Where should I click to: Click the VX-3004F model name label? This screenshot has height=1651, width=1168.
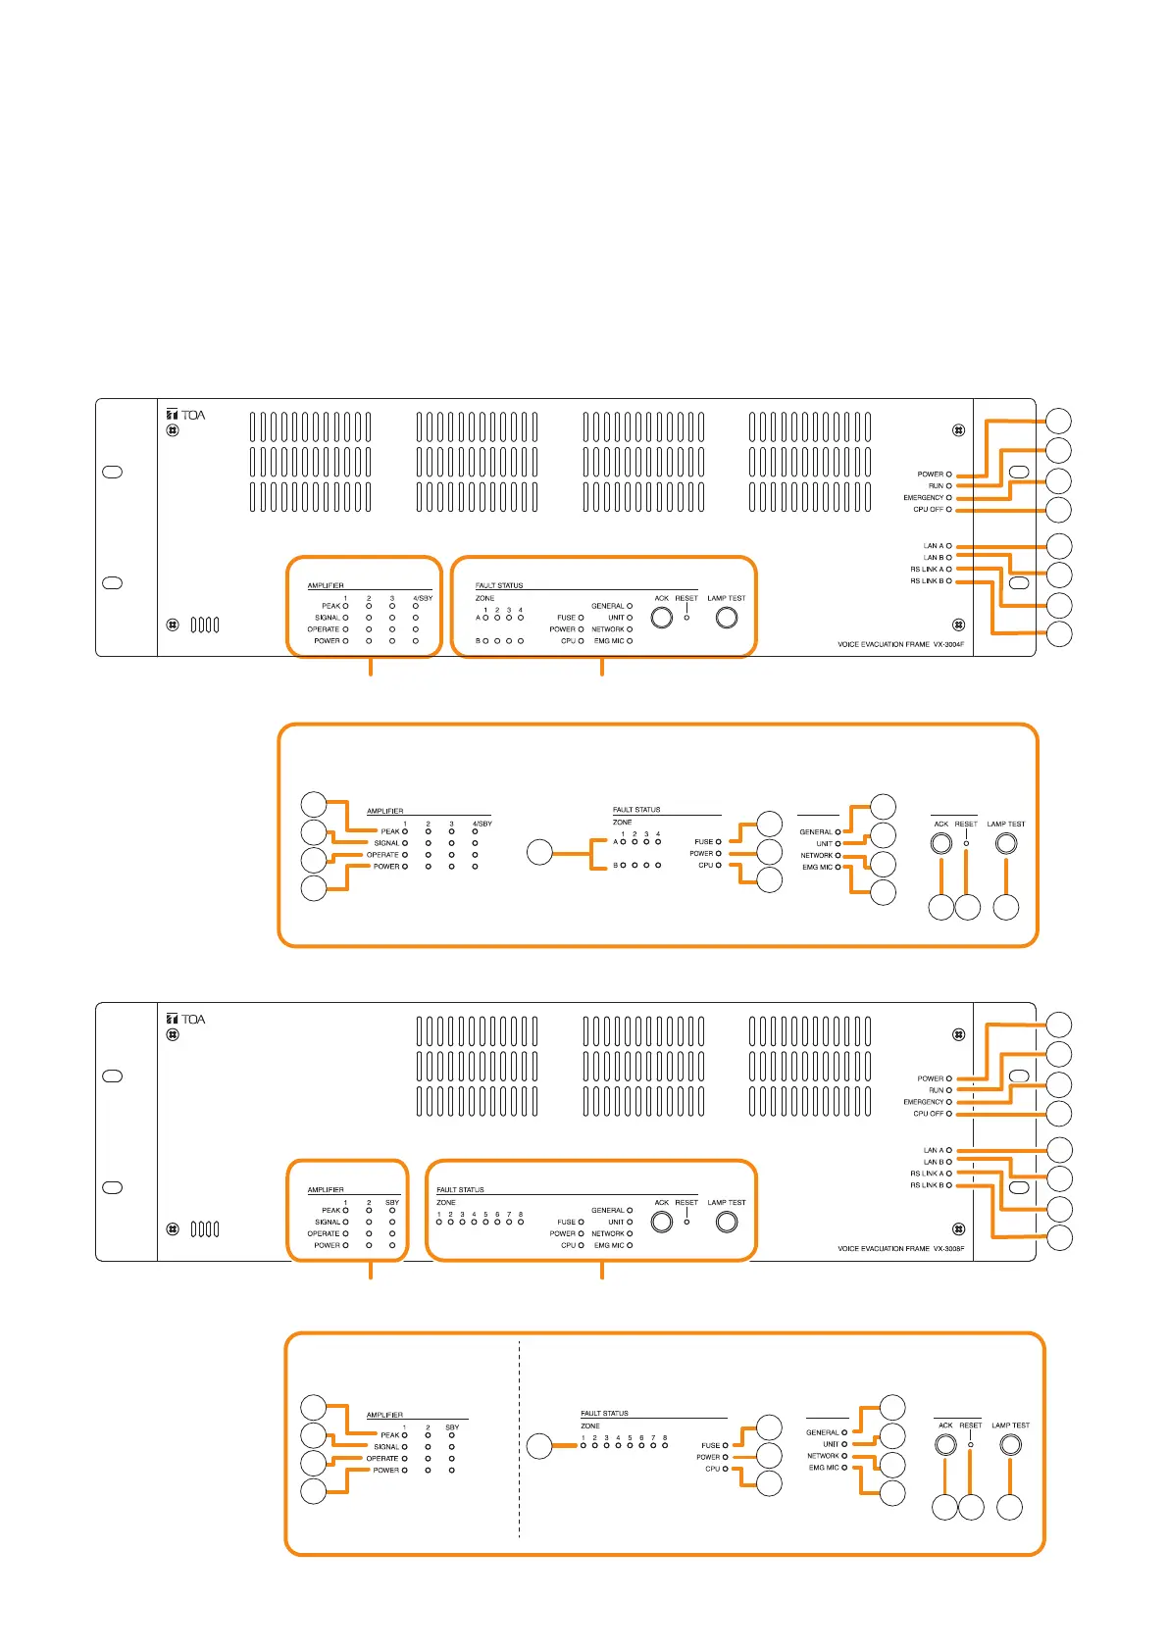902,645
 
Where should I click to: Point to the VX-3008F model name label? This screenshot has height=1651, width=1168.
902,1249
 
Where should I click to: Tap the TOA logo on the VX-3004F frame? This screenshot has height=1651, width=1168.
186,415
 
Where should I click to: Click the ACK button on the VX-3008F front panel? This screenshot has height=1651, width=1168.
662,1223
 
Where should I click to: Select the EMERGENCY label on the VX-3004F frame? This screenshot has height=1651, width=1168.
923,498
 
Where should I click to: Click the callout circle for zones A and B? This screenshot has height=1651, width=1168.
539,852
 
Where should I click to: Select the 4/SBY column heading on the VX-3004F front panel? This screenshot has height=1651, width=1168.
423,598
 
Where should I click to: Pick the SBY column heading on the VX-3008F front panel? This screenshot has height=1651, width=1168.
392,1202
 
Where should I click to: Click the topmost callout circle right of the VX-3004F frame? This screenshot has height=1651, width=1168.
1059,421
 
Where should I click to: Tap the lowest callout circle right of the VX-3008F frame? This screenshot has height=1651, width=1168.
1059,1238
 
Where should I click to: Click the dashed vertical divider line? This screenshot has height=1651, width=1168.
519,1441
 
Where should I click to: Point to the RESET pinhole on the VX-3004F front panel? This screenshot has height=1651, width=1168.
686,618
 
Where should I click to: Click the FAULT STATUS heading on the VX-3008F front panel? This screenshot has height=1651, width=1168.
460,1190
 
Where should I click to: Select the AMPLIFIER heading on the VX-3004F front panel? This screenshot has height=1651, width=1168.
326,585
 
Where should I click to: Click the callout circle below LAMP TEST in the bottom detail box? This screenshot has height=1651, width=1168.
1009,1508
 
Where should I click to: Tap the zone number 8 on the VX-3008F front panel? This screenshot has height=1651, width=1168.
521,1215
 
